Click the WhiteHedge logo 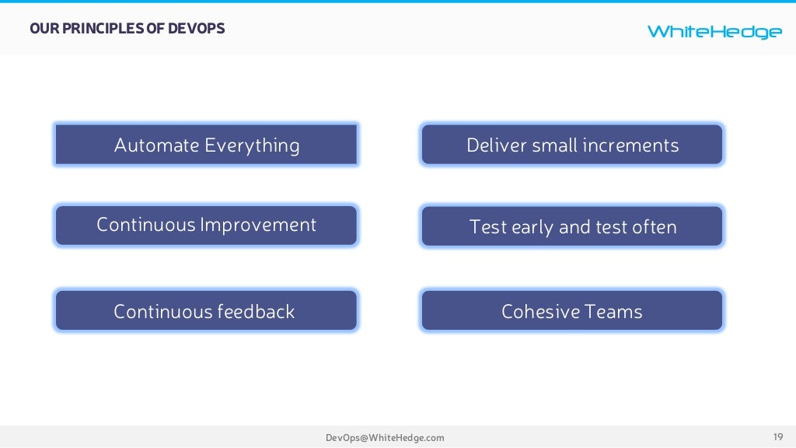(714, 31)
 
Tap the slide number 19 (777, 436)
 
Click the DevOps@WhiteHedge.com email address (385, 438)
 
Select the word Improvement (258, 226)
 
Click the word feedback (256, 312)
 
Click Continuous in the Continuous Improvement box (145, 226)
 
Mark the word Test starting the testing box (488, 227)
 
